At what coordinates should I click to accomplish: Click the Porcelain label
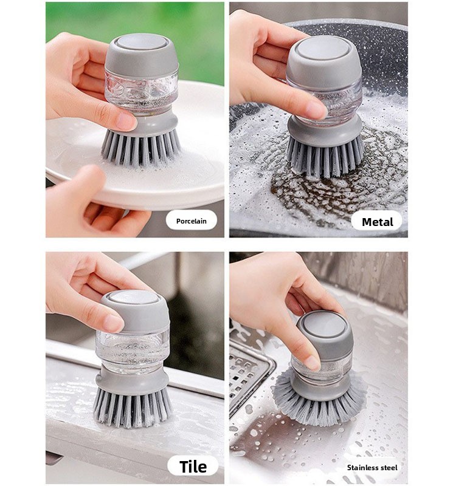coord(191,221)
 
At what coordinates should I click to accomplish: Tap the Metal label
coord(377,222)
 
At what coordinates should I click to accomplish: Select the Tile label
coord(193,467)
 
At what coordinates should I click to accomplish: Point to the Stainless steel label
coord(372,467)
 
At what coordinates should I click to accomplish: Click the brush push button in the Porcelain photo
coord(141,42)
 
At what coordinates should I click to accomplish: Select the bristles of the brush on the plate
coord(141,147)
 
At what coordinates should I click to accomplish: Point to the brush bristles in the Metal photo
coord(324,158)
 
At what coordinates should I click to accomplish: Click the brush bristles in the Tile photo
coord(132,406)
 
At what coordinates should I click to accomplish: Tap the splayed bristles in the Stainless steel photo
coord(320,400)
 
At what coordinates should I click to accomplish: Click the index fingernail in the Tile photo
coord(113,323)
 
